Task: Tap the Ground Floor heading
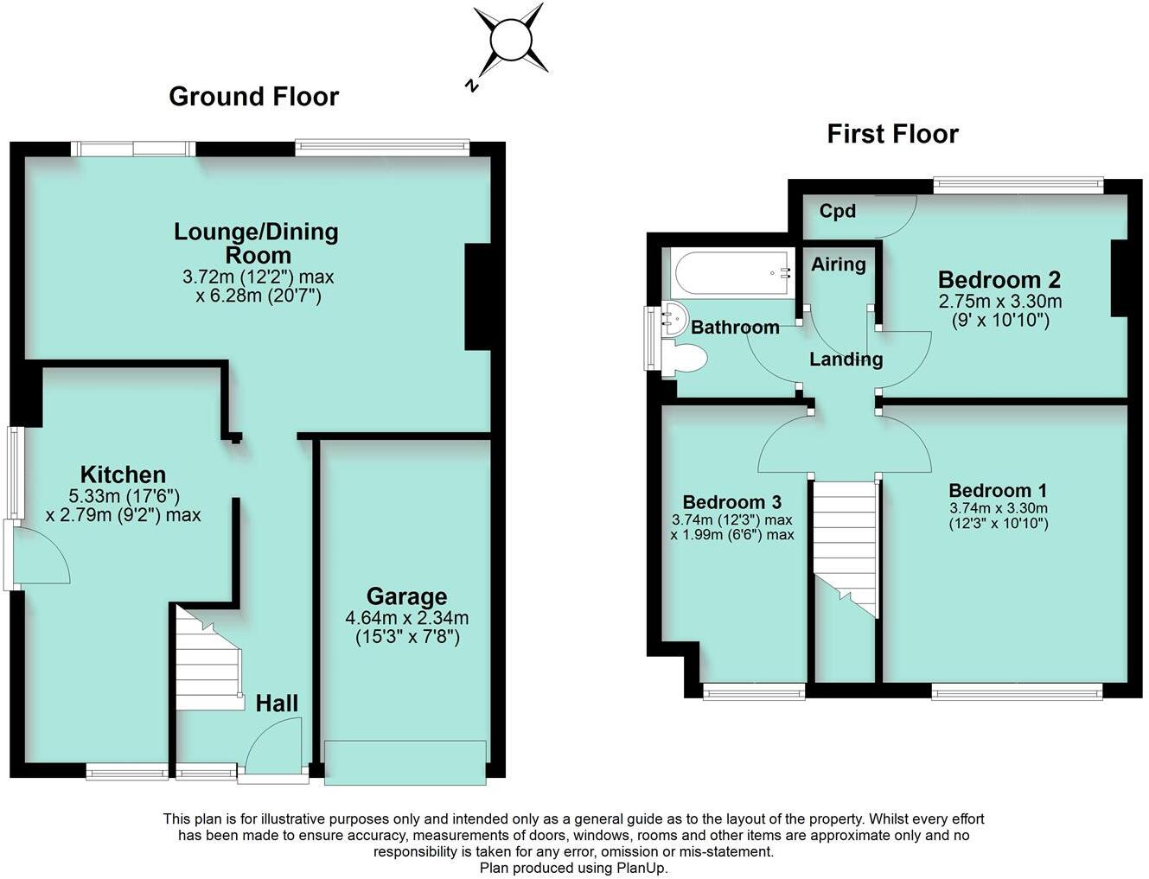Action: pos(253,96)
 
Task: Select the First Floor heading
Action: pos(892,134)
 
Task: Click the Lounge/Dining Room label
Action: pos(257,243)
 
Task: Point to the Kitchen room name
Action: pos(123,474)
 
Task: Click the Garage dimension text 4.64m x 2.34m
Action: pos(406,618)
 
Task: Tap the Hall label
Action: pos(277,703)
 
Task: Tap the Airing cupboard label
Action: pos(838,264)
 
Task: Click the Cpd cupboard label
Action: pos(837,211)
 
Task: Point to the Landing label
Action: pos(846,359)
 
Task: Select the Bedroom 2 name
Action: pos(999,279)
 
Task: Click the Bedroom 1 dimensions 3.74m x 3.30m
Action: pos(998,509)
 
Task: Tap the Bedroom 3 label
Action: pos(731,502)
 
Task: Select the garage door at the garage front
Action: pos(405,762)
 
